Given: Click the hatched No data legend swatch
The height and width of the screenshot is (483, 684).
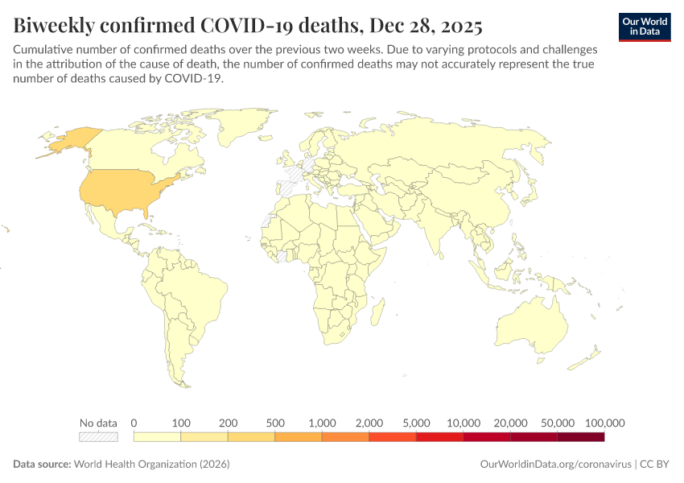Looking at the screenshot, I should coord(98,437).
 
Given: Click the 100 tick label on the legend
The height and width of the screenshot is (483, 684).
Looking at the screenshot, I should coord(181,423).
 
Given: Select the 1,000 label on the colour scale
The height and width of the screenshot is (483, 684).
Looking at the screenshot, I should coord(322,423).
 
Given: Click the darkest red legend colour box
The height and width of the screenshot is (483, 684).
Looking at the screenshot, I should coord(580,437).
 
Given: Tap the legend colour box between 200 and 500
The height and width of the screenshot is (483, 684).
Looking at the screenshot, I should coord(251,437).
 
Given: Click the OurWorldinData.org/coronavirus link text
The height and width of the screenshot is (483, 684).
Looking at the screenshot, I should coord(554,464).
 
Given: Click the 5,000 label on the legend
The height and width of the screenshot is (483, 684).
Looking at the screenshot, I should coord(416,423).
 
